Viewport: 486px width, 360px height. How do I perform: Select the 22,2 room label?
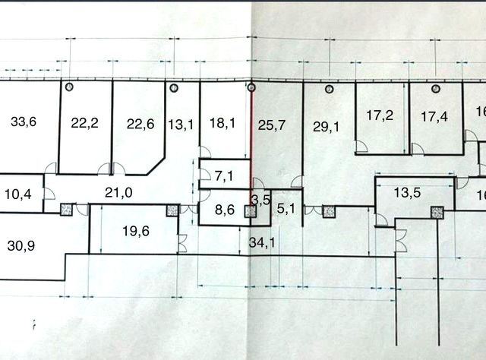[84, 125]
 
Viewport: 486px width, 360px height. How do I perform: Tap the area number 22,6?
[140, 125]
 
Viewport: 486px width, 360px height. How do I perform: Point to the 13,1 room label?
[180, 125]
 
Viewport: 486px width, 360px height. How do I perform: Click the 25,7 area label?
[272, 125]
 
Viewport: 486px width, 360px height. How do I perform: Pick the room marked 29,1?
[327, 127]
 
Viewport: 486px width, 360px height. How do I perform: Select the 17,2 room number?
[380, 116]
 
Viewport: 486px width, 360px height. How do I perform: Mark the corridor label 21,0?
[118, 193]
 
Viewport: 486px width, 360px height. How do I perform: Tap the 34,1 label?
[263, 244]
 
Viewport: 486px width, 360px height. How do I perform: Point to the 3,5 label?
[260, 201]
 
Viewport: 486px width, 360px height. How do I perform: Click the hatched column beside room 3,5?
[250, 212]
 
